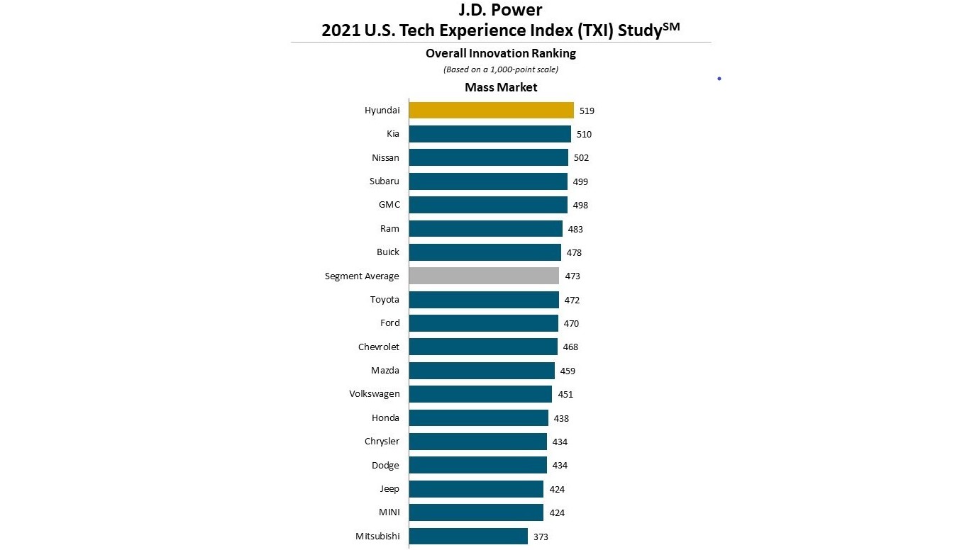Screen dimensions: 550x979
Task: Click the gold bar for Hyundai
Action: point(491,111)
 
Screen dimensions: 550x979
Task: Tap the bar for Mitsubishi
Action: point(468,537)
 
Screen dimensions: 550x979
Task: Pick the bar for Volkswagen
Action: point(480,394)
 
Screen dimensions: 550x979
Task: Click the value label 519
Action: point(587,111)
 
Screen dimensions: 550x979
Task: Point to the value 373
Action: point(541,537)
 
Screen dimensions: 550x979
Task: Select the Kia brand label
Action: point(393,134)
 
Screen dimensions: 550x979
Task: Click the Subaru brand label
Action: point(384,181)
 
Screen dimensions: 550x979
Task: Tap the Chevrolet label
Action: point(379,347)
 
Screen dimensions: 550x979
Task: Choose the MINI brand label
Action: point(388,512)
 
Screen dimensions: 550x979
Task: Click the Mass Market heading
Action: point(501,88)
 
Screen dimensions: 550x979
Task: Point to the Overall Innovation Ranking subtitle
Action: point(501,54)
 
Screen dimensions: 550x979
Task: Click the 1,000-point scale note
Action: point(501,69)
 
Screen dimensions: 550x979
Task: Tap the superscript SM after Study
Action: point(670,26)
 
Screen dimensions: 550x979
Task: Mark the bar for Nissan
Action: point(488,157)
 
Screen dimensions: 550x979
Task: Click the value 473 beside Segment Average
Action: point(573,276)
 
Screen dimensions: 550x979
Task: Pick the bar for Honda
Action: point(478,418)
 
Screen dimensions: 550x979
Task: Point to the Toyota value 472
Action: point(572,301)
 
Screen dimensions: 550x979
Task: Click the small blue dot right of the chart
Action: point(719,79)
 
